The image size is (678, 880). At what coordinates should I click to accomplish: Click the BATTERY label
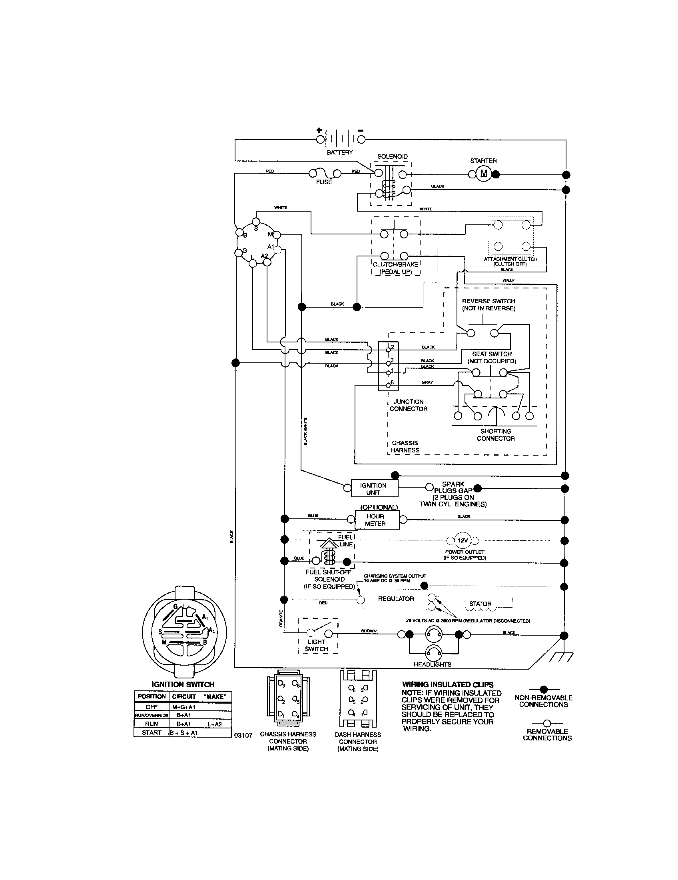(339, 152)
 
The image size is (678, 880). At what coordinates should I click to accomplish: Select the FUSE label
(324, 182)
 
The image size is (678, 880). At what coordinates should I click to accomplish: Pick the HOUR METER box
(376, 520)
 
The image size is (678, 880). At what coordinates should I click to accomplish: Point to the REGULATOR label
(395, 599)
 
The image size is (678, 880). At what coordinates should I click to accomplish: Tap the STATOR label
(480, 604)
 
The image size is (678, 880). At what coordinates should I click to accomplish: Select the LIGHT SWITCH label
(316, 646)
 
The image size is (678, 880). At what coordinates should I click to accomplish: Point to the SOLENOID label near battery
(392, 157)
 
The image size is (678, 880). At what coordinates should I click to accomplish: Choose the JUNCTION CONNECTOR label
(408, 405)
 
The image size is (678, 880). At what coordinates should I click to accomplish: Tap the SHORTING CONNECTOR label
(496, 435)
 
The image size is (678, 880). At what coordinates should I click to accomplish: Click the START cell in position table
(152, 733)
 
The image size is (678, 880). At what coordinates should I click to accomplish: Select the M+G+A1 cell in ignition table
(184, 707)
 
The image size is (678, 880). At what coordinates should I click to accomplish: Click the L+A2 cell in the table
(216, 724)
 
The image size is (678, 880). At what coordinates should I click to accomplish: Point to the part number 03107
(243, 735)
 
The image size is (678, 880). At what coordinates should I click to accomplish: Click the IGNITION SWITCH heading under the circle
(183, 684)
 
